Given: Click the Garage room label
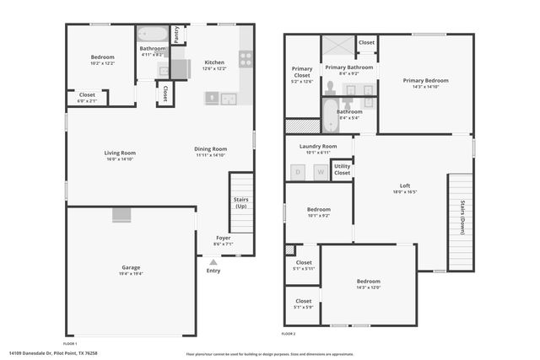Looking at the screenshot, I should (131, 267).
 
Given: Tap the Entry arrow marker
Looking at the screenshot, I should (213, 262).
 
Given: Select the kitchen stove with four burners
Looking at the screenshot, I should (246, 59).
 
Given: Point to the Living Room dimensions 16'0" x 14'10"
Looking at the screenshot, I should (120, 159).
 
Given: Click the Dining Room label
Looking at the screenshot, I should (211, 148).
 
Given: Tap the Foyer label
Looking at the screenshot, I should (224, 238).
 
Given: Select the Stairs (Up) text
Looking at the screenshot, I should (241, 202).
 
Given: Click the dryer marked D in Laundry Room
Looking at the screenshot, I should (297, 172).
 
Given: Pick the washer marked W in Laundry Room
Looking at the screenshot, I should (320, 172).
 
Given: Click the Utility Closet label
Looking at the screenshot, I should (342, 169).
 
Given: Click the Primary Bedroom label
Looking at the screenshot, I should (425, 80).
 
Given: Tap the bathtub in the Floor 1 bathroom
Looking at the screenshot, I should (153, 35).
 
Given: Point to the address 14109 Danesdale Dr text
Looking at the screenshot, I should (52, 354).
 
